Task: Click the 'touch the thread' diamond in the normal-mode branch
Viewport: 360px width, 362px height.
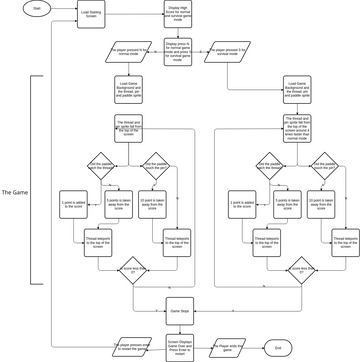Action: (x=101, y=165)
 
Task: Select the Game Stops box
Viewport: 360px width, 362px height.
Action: (x=179, y=313)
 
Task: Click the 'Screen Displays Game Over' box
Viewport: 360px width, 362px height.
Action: (x=179, y=346)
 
